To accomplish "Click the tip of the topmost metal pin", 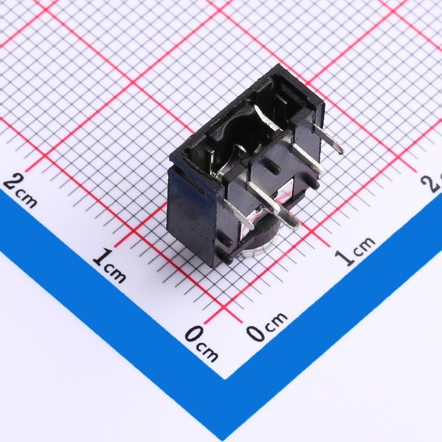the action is coord(341,151).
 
